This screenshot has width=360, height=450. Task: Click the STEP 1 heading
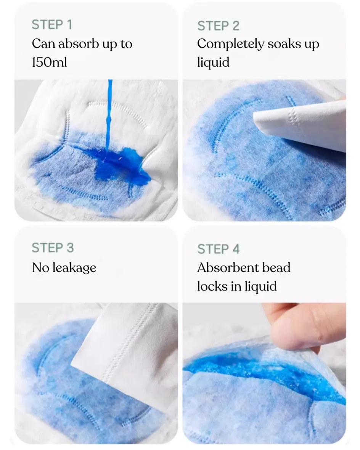pos(52,25)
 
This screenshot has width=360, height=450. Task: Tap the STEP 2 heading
pos(218,26)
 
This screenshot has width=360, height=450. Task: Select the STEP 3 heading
pos(53,248)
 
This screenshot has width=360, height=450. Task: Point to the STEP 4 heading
pos(218,249)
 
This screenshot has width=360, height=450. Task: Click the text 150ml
pos(49,62)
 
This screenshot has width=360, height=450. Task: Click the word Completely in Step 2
pos(230,45)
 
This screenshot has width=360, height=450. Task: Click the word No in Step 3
pos(40,267)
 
